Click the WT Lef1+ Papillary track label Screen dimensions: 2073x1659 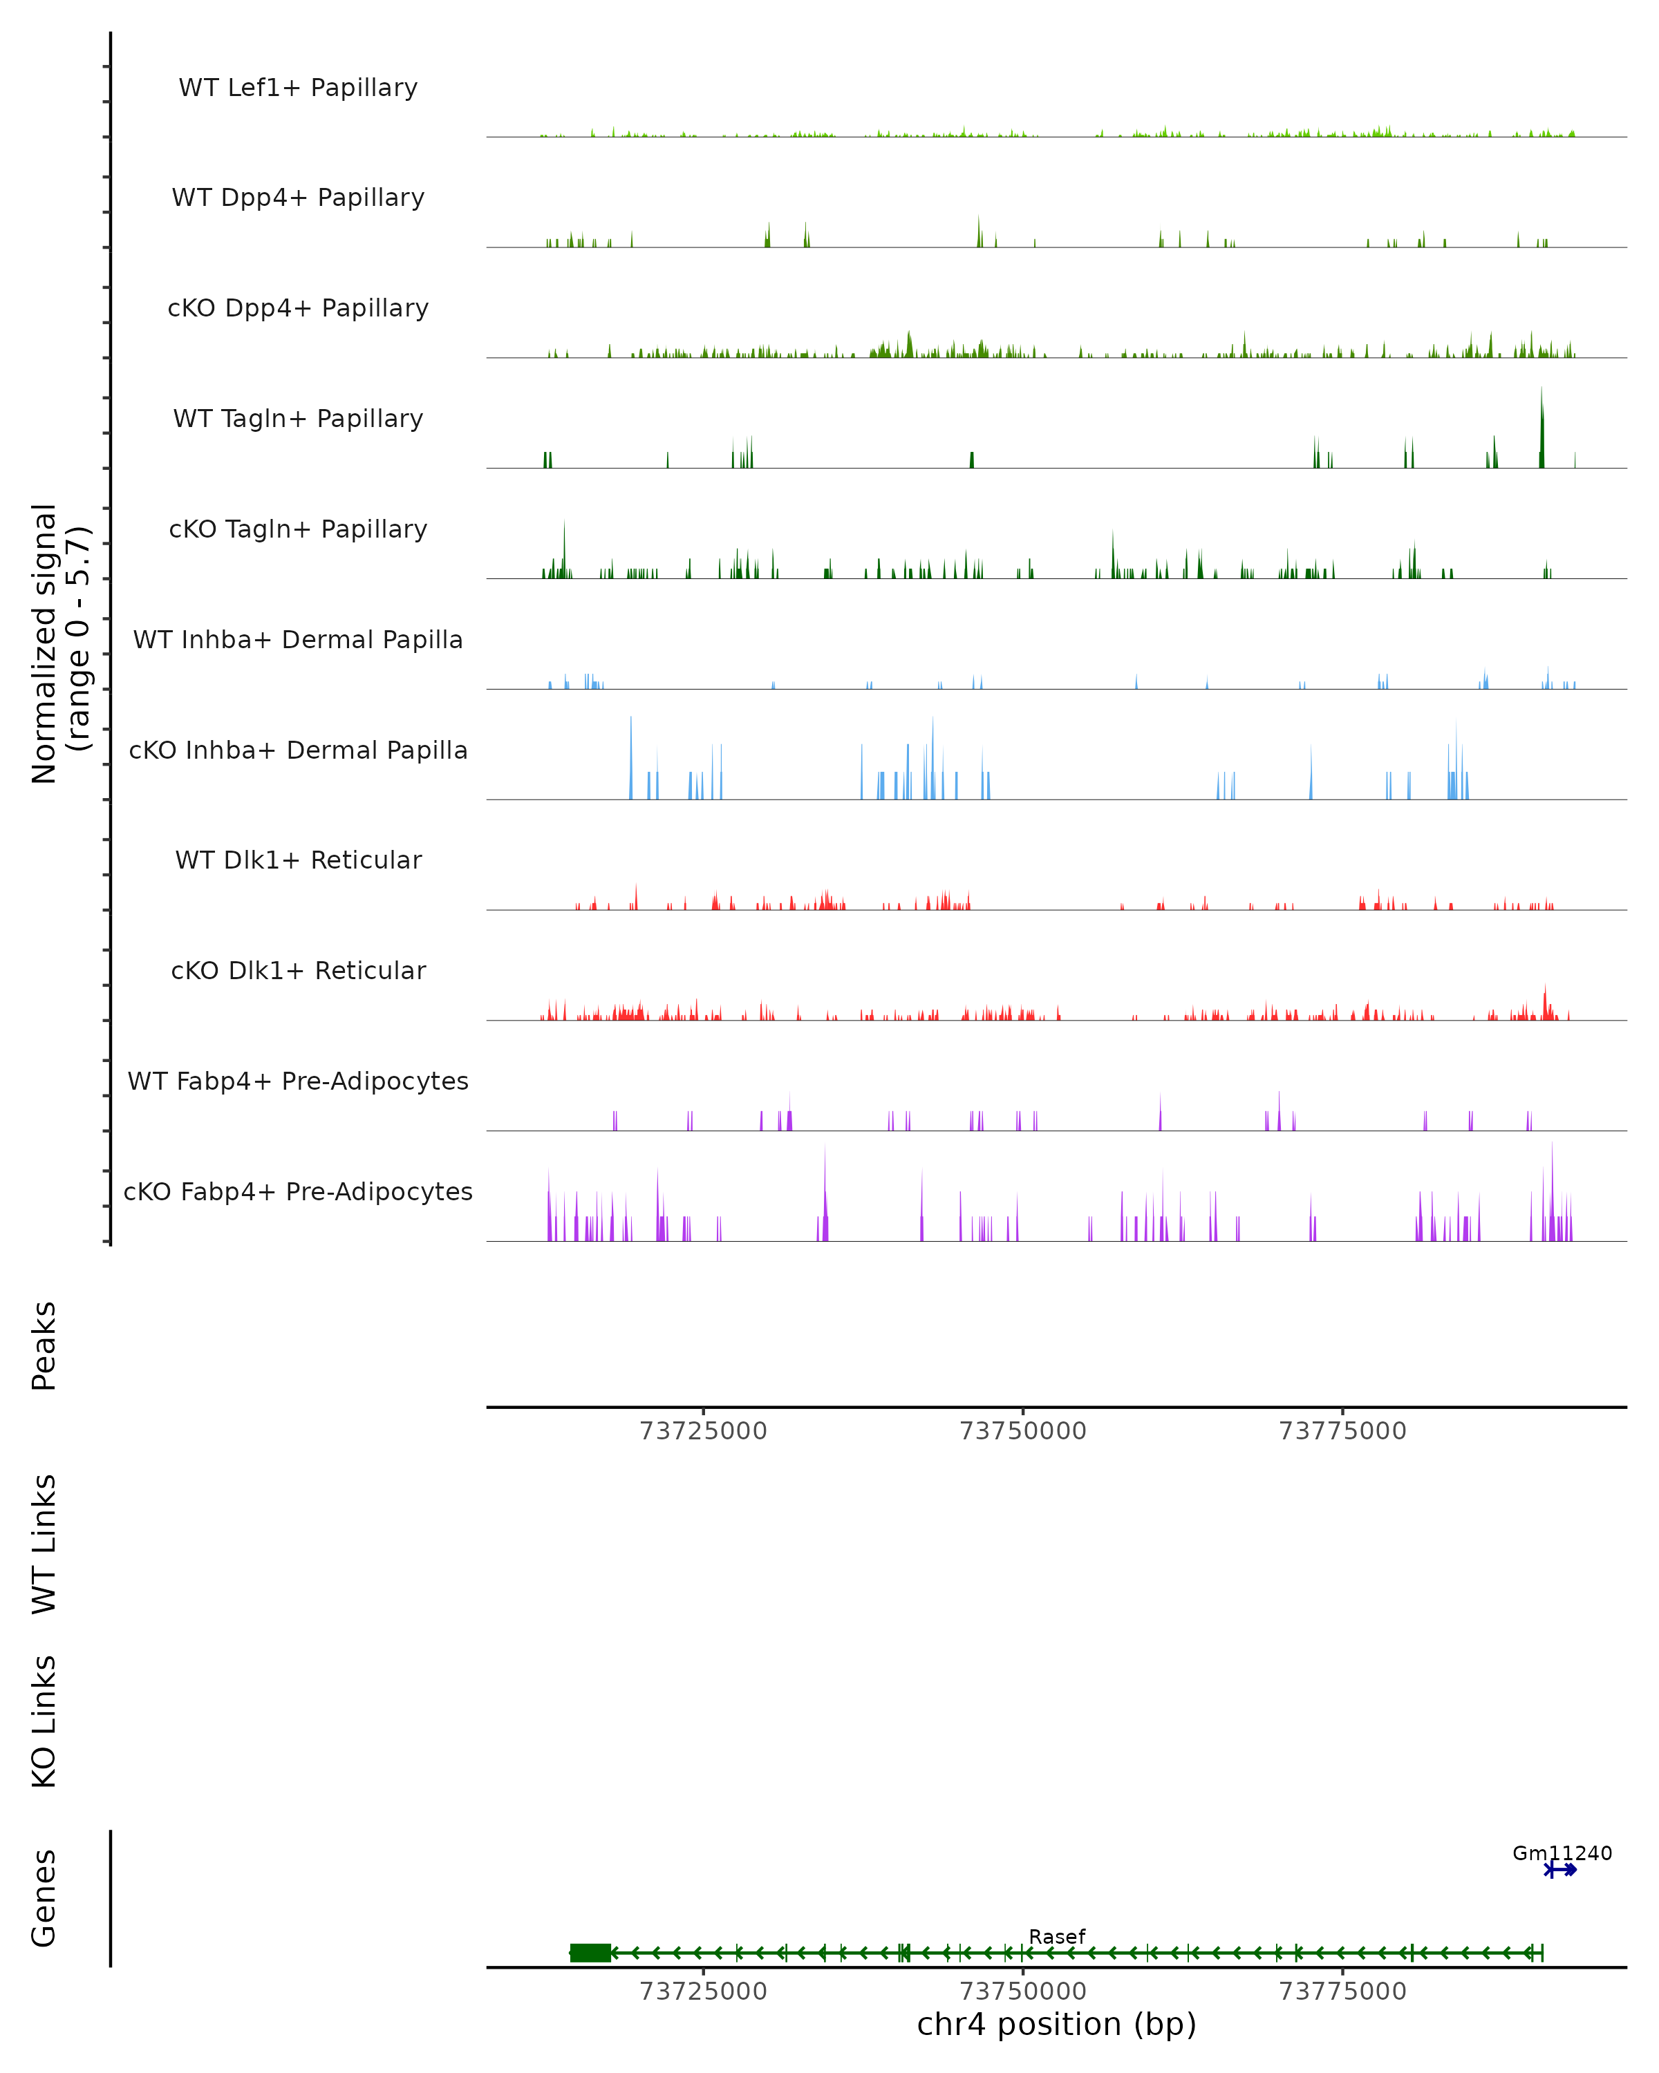pyautogui.click(x=298, y=88)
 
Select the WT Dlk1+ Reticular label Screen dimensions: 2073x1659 pyautogui.click(x=298, y=860)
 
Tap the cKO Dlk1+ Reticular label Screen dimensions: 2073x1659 pyautogui.click(x=298, y=970)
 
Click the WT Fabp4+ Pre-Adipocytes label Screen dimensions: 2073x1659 pyautogui.click(x=298, y=1081)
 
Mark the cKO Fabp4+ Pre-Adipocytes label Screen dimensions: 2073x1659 pyautogui.click(x=298, y=1191)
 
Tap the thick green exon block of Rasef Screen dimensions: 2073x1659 pyautogui.click(x=590, y=1953)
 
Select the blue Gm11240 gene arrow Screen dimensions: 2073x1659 pyautogui.click(x=1561, y=1870)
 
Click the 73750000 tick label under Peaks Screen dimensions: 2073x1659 pyautogui.click(x=1023, y=1431)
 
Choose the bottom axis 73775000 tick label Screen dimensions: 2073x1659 pyautogui.click(x=1342, y=1991)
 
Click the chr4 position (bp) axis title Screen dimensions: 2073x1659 pyautogui.click(x=1057, y=2025)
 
